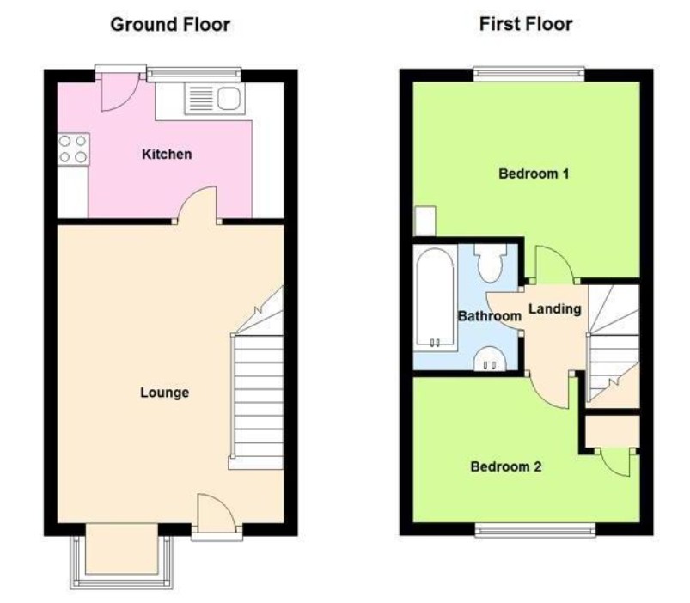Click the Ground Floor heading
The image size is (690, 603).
click(170, 24)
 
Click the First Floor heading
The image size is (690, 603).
click(525, 24)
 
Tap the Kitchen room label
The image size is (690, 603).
click(167, 155)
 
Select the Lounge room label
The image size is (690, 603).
click(164, 393)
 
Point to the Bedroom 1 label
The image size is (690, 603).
click(534, 174)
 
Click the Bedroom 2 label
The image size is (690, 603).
click(506, 467)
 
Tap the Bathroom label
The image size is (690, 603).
click(489, 316)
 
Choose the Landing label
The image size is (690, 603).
click(554, 309)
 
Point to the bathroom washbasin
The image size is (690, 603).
click(492, 358)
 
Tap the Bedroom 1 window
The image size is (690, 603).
click(528, 74)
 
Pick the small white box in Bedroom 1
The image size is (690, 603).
click(424, 221)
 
